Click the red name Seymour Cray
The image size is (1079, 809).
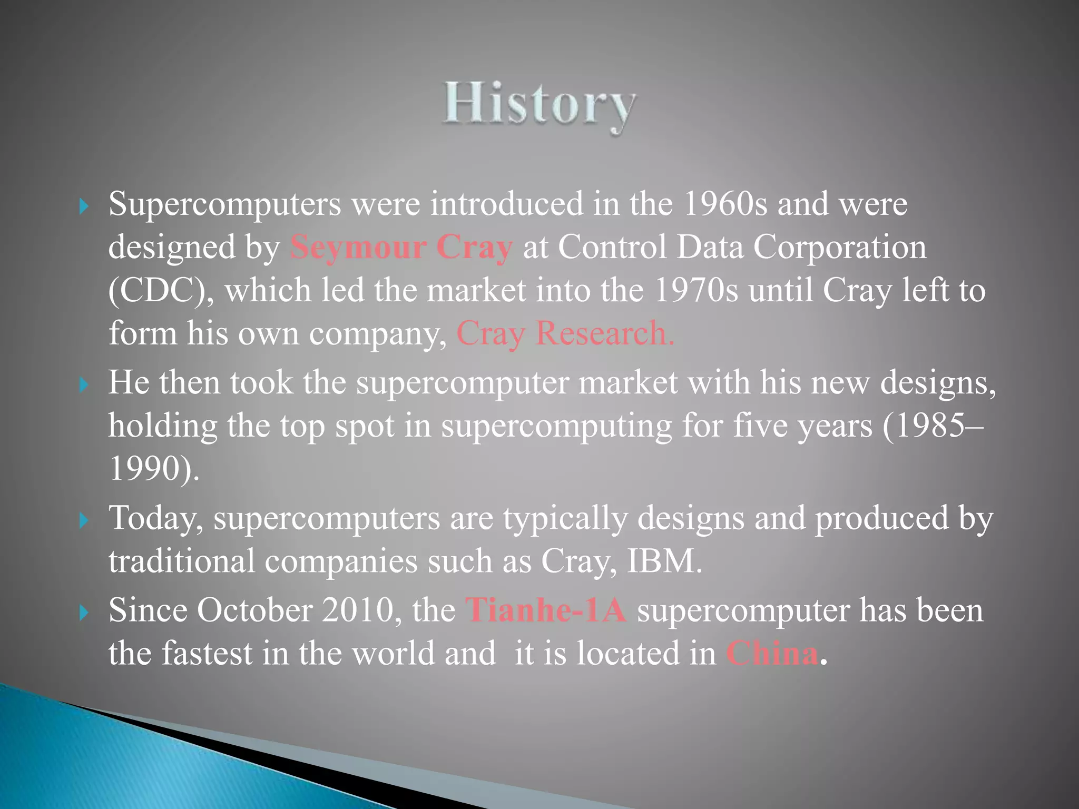pyautogui.click(x=401, y=247)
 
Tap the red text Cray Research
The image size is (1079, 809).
pyautogui.click(x=565, y=333)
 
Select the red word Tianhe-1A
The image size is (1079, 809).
pyautogui.click(x=546, y=610)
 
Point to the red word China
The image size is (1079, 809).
pyautogui.click(x=772, y=654)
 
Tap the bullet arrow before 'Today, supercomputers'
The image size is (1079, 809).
pyautogui.click(x=83, y=521)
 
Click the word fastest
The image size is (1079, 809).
pyautogui.click(x=207, y=654)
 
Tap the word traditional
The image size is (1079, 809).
pyautogui.click(x=182, y=561)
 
